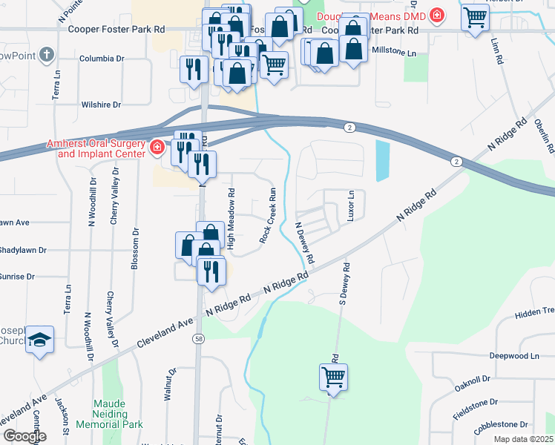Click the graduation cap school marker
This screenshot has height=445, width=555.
[x=39, y=340]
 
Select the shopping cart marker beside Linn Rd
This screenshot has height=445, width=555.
[x=475, y=17]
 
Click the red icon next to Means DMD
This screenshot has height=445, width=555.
[x=438, y=15]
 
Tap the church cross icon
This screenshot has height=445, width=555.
[x=46, y=54]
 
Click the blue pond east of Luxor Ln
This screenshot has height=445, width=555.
[x=381, y=161]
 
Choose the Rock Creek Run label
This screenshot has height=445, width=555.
[x=268, y=215]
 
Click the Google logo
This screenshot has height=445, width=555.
[x=24, y=436]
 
